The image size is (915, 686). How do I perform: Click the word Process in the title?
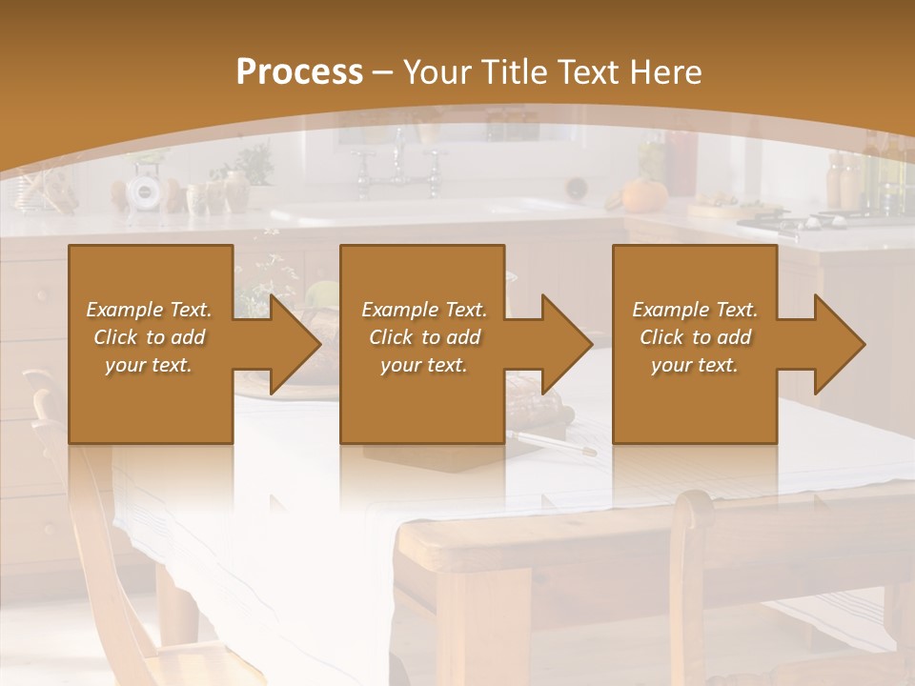[x=299, y=72]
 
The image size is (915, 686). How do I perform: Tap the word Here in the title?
[x=663, y=72]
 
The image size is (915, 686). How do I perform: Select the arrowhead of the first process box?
[x=291, y=344]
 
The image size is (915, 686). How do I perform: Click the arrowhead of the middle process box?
[x=563, y=344]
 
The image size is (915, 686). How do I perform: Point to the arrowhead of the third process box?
[x=835, y=344]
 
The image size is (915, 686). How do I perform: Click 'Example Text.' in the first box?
[x=149, y=310]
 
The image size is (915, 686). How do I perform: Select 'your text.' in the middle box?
[x=424, y=365]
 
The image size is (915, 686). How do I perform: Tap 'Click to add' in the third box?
[x=695, y=337]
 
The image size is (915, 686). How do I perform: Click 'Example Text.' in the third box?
[x=695, y=310]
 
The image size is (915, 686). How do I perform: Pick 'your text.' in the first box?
[x=149, y=365]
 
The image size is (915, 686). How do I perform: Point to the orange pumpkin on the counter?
[x=636, y=195]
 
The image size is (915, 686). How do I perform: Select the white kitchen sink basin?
[x=419, y=212]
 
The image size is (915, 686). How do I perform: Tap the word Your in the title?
[x=438, y=72]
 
